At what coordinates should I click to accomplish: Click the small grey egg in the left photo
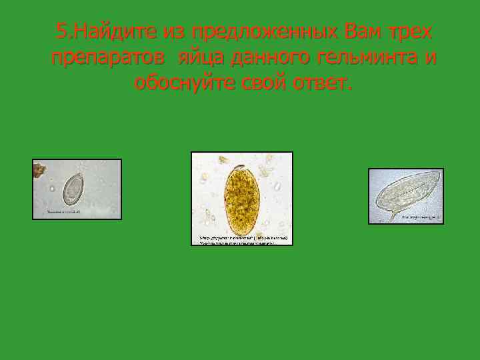(x=73, y=189)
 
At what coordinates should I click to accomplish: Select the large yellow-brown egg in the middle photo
(x=241, y=197)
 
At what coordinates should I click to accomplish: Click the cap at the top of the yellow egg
(x=238, y=167)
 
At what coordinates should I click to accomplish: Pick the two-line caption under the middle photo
(x=243, y=239)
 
